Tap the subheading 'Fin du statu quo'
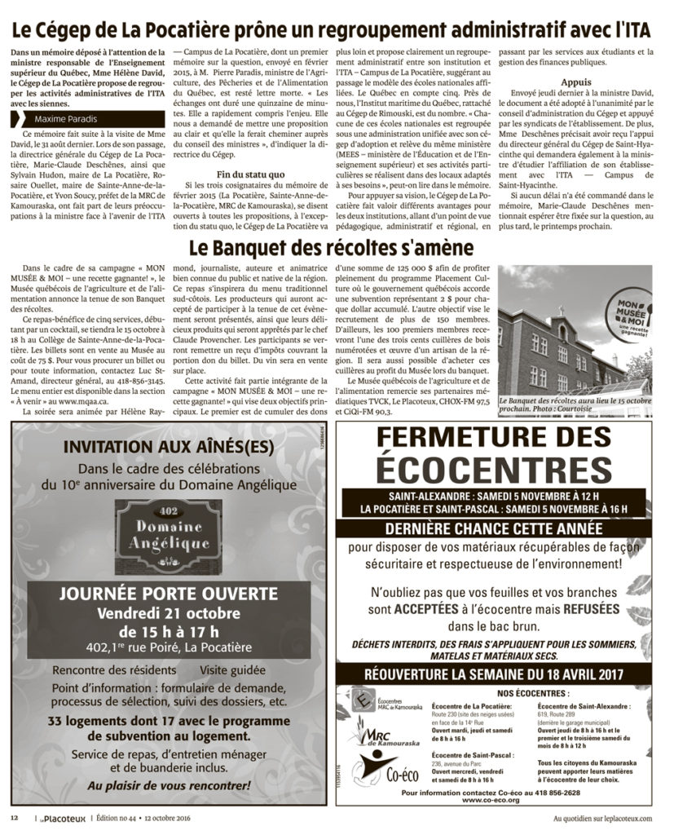pos(251,175)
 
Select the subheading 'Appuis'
pos(575,82)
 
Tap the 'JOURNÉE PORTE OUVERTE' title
pos(169,593)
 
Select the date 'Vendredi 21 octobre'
pos(169,613)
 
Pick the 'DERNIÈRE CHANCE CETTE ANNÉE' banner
pos(500,528)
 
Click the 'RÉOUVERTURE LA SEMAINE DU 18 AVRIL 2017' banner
pos(500,674)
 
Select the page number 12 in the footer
pos(14,818)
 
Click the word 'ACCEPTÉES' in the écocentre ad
pos(425,607)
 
